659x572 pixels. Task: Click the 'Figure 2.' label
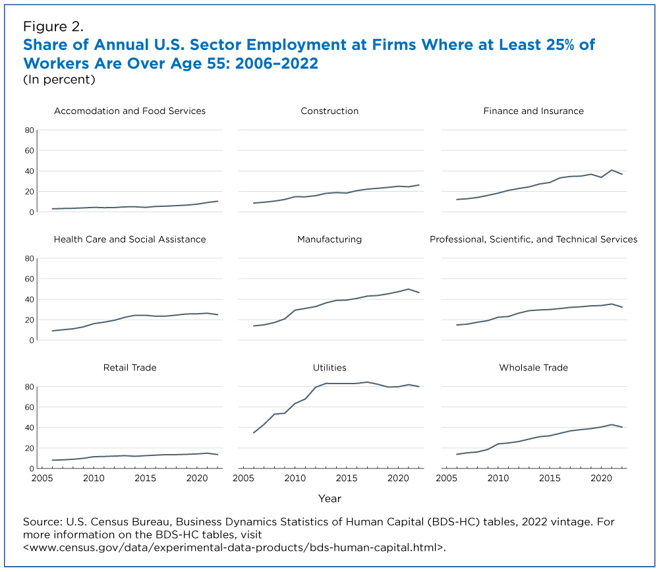pos(53,26)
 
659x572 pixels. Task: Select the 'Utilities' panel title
pos(329,367)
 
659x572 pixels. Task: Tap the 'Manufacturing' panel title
pos(329,239)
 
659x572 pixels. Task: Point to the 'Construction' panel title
pos(329,111)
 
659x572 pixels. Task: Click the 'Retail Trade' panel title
pos(130,367)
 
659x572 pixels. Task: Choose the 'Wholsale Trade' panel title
pos(533,367)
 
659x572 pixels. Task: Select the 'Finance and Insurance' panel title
pos(533,111)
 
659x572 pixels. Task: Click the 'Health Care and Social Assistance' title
pos(130,239)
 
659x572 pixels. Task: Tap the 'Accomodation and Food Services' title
pos(130,111)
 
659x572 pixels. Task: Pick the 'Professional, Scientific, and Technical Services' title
pos(533,239)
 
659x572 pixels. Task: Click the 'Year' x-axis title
pos(329,498)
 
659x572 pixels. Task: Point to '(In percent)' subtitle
pos(59,80)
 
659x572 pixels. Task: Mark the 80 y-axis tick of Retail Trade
pos(29,387)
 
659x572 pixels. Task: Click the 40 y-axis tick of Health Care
pos(29,300)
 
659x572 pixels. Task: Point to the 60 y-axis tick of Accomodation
pos(29,151)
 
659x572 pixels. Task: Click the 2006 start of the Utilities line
pos(254,432)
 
